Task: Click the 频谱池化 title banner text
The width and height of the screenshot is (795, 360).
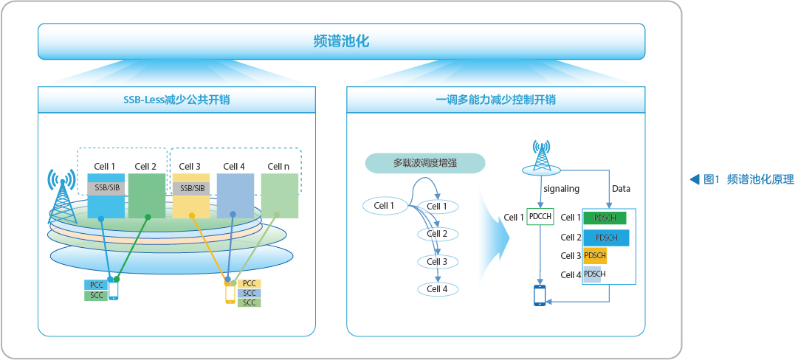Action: coord(341,41)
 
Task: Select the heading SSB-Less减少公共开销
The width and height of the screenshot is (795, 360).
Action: coord(176,100)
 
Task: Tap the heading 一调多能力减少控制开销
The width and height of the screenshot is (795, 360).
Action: coord(495,100)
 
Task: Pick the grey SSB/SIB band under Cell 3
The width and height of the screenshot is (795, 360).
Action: coord(191,189)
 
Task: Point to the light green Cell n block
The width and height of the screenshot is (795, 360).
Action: coord(279,195)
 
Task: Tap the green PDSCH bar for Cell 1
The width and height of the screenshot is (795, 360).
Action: coord(605,218)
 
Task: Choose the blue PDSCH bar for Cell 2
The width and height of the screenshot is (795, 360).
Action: coord(606,238)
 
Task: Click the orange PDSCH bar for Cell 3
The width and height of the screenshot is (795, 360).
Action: coord(595,255)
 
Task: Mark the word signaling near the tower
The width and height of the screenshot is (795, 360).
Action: coord(561,189)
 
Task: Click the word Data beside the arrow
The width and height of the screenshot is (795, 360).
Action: coord(621,189)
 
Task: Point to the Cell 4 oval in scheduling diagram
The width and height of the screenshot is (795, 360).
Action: coord(438,289)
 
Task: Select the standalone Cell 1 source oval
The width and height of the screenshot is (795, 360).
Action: coord(384,205)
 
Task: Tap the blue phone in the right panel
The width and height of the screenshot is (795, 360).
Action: coord(540,296)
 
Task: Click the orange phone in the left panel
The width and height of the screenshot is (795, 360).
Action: coord(230,294)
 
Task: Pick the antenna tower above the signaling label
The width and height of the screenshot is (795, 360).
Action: coord(542,158)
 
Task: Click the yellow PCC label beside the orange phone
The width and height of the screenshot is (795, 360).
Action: coord(249,283)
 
